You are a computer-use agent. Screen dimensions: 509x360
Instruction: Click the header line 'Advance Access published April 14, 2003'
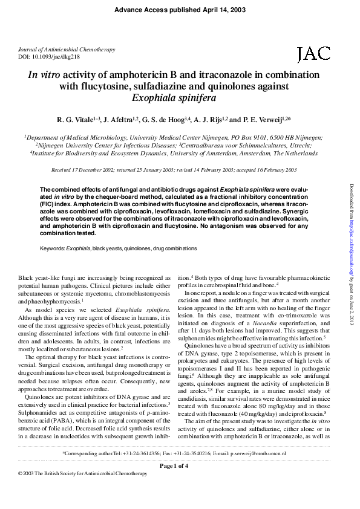pos(180,10)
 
